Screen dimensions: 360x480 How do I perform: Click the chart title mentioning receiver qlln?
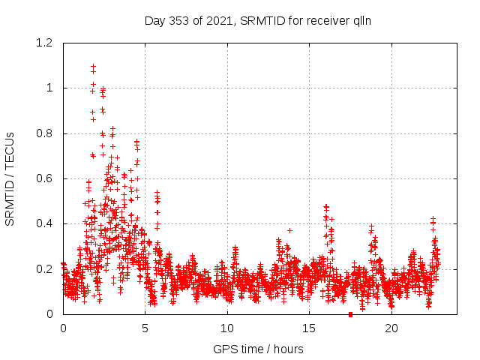click(x=258, y=21)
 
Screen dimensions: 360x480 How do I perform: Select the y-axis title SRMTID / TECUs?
click(x=10, y=178)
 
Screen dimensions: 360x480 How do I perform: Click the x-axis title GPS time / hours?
click(x=258, y=349)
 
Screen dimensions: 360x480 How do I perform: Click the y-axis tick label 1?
click(x=49, y=88)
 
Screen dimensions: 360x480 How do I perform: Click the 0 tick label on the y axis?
click(x=49, y=313)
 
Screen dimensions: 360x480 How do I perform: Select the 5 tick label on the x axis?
click(x=145, y=328)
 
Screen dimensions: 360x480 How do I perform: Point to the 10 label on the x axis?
click(x=227, y=328)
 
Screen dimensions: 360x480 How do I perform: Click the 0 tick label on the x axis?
click(x=63, y=328)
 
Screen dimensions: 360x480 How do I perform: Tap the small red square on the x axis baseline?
click(x=350, y=313)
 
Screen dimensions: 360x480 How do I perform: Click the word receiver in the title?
click(x=324, y=21)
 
